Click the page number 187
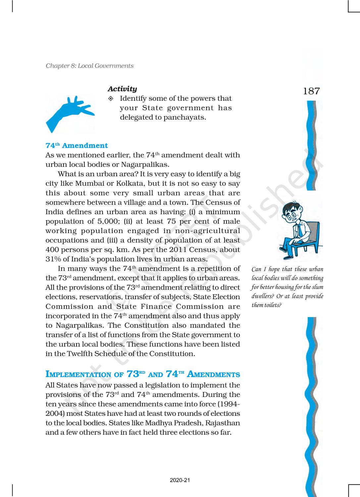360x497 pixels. [311, 91]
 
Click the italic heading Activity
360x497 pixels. [122, 89]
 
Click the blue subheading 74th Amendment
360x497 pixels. [77, 145]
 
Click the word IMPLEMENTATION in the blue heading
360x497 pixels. [78, 375]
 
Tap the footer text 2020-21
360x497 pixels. [180, 480]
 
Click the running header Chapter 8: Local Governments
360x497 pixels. [89, 66]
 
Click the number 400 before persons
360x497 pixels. [52, 250]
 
